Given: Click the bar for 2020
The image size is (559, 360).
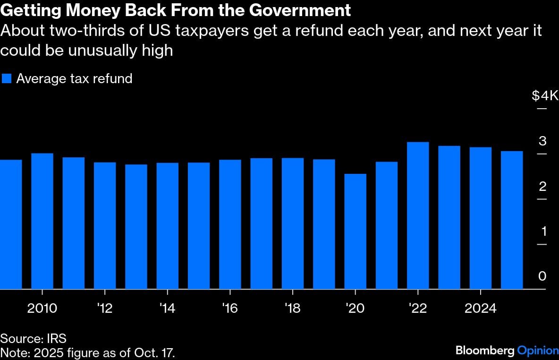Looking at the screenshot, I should [356, 231].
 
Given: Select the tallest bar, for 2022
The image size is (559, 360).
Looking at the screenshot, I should [418, 215].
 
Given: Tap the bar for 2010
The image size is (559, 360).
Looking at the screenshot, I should [42, 221].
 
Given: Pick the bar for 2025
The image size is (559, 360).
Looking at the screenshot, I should [512, 220].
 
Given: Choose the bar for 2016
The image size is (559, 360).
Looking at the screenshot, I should [230, 224].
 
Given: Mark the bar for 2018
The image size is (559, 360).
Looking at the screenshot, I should [293, 223].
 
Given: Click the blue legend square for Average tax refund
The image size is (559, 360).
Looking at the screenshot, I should [7, 78].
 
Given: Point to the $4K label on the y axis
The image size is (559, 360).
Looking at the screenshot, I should [545, 96].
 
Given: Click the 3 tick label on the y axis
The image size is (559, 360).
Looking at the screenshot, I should [542, 141].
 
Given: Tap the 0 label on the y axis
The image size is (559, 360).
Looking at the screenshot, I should [542, 276].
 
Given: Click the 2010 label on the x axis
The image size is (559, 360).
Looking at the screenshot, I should [42, 309].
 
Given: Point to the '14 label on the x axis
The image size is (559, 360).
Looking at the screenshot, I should [167, 309].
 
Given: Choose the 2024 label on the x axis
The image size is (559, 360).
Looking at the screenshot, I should [481, 309].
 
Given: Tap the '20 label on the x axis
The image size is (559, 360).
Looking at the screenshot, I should [355, 309].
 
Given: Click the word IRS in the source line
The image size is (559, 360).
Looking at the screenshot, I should [57, 338].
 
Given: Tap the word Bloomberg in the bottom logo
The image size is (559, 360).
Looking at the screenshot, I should [485, 351].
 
